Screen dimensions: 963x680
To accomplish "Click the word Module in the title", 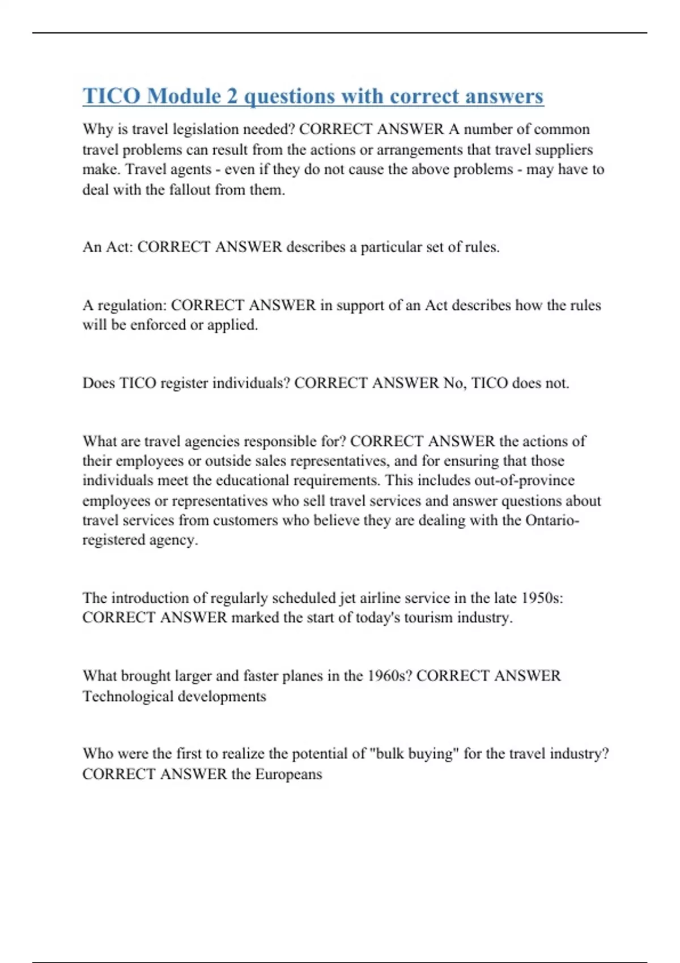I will coord(184,96).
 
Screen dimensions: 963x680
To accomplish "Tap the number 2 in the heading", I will coord(232,96).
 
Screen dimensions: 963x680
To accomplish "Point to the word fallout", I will coord(190,189).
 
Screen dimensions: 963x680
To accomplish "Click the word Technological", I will coord(128,696).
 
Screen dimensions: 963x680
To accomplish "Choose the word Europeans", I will coord(288,774).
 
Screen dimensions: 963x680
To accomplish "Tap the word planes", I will coord(310,676).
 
